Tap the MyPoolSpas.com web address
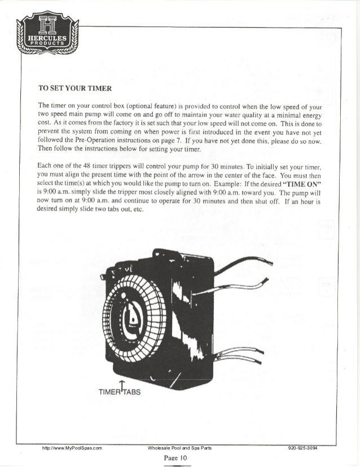[69, 448]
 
